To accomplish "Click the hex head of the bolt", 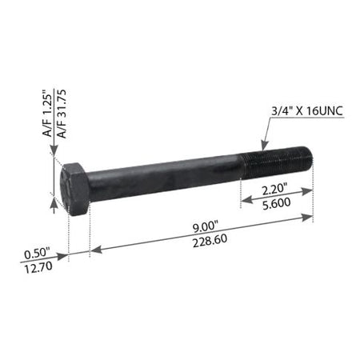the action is pos(75,189).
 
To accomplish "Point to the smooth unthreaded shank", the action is pos(166,178).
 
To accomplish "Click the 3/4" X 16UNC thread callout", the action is pos(307,110).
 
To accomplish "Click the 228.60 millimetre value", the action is pos(210,241).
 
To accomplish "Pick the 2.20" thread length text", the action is pos(274,190).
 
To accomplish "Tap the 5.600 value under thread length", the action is pos(277,204).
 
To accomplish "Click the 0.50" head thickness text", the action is pos(37,254).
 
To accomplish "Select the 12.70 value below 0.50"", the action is pos(38,267).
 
